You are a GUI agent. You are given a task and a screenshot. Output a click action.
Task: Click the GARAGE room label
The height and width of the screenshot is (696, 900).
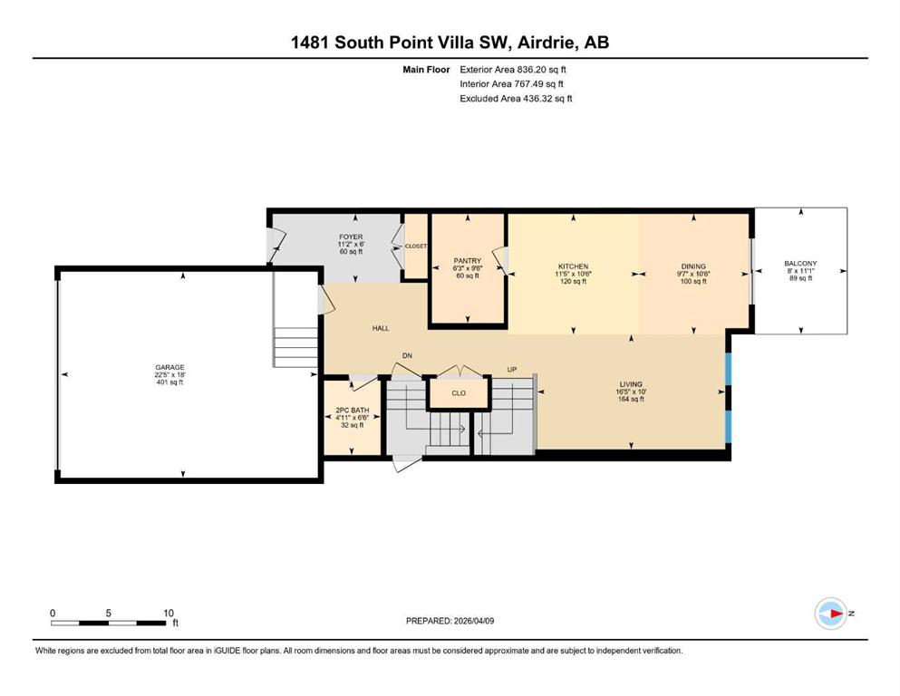[169, 367]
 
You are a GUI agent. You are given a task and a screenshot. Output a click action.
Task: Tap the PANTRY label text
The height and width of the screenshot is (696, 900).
[467, 261]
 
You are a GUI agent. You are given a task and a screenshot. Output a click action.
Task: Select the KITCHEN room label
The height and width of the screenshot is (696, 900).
[574, 266]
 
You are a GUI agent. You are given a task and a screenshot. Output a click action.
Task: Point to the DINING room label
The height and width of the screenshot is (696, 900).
[693, 266]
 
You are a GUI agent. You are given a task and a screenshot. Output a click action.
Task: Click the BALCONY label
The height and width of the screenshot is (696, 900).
[800, 264]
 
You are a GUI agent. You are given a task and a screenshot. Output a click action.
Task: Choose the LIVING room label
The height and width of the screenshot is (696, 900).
[631, 384]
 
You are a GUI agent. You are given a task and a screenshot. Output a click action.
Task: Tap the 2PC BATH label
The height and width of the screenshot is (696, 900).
[353, 411]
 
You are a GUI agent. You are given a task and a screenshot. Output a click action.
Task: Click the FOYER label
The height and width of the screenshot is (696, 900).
[351, 237]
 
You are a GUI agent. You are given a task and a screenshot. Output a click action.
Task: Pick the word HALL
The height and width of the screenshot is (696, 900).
[381, 328]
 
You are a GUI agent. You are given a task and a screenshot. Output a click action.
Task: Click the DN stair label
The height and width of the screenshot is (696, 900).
[407, 356]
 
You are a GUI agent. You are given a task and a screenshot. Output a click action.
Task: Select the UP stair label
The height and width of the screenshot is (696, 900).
[512, 370]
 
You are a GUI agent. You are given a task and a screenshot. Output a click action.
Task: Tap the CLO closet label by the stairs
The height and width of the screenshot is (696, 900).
[459, 393]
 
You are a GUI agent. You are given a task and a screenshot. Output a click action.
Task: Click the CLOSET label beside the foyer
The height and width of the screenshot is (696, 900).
[416, 246]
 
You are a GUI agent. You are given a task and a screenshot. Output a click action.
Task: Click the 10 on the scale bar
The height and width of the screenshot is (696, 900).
[169, 613]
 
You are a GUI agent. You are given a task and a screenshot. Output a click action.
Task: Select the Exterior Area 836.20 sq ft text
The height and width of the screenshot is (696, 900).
[513, 70]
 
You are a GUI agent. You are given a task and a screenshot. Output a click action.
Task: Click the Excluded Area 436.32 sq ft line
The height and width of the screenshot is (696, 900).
[516, 98]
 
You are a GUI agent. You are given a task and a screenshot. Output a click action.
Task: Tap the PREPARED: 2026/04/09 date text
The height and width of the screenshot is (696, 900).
[450, 621]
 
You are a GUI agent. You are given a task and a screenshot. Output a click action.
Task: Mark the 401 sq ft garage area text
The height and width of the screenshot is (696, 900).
[169, 382]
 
